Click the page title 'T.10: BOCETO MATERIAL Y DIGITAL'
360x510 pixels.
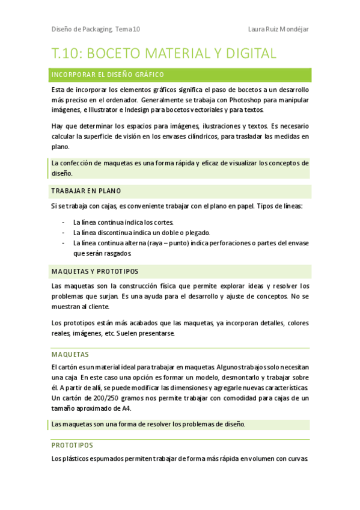[163, 54]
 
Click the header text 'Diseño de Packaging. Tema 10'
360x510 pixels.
[96, 29]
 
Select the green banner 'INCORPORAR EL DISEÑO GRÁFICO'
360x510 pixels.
[108, 75]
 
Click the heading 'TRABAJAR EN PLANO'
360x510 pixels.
[86, 191]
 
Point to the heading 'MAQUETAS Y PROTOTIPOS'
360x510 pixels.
[94, 271]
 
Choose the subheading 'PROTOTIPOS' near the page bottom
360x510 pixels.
[72, 446]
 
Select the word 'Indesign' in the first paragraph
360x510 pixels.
[153, 110]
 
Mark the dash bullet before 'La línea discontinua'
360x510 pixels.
[64, 233]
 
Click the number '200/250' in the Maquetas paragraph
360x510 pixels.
[105, 398]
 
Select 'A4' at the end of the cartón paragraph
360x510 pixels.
[126, 408]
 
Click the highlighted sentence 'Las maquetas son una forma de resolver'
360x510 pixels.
[147, 425]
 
